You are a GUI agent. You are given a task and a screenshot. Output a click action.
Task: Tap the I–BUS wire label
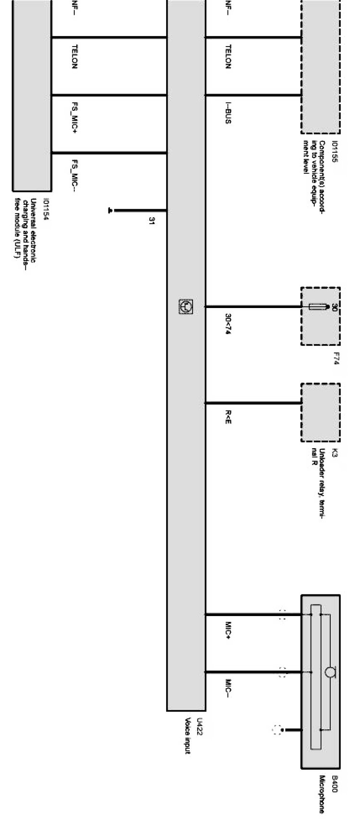click(x=228, y=113)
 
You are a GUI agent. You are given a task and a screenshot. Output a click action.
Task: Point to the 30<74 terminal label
click(x=228, y=324)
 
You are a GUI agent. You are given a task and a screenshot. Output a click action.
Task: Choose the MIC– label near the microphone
click(x=228, y=687)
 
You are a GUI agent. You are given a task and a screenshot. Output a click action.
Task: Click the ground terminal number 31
click(x=151, y=221)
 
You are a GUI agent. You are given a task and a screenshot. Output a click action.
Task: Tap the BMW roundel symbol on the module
click(x=186, y=307)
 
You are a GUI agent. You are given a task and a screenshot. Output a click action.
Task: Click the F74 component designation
click(x=336, y=359)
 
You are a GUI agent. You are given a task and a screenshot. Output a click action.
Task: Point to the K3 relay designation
click(x=335, y=452)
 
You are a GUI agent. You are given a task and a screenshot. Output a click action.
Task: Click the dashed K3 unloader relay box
click(x=320, y=412)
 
